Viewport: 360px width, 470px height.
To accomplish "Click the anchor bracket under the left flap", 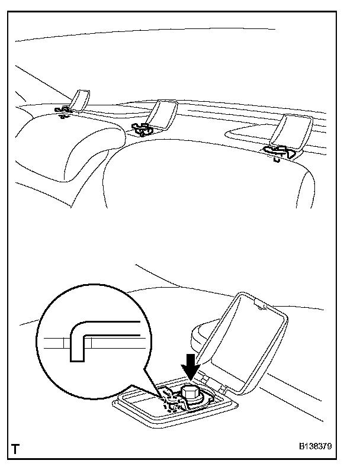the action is click(62, 111).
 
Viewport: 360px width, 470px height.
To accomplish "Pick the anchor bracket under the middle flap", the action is click(142, 128).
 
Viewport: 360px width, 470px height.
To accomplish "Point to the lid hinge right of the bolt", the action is click(223, 388).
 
